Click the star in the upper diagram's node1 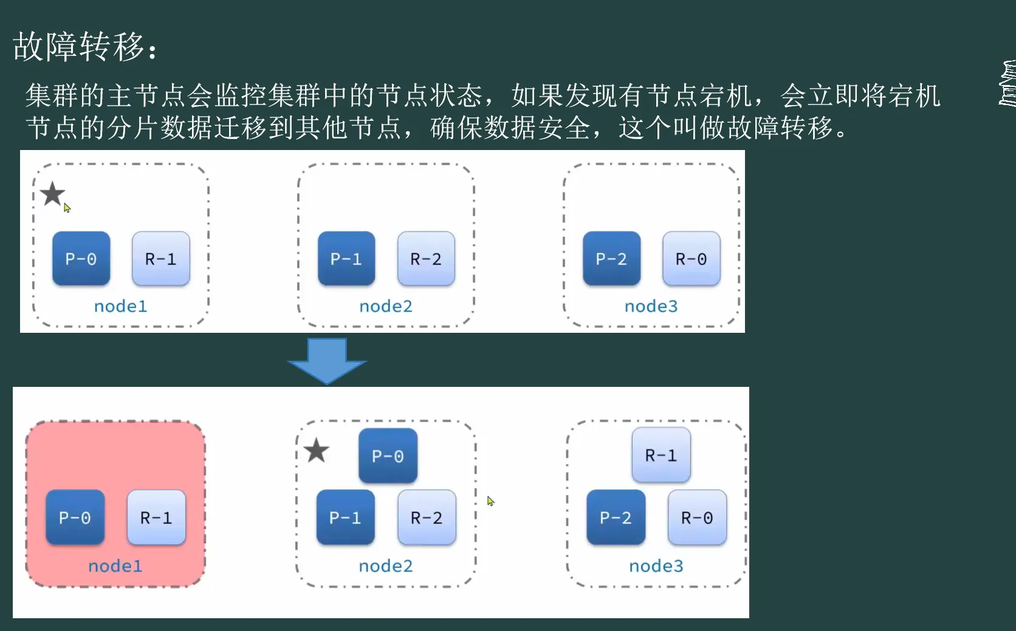[x=53, y=194]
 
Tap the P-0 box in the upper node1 [x=81, y=259]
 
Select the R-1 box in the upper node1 [x=161, y=259]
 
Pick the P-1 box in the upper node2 [x=346, y=259]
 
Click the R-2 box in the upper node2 [x=426, y=259]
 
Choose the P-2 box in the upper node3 [x=611, y=259]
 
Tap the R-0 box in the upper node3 [x=692, y=259]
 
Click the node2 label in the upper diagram [x=386, y=306]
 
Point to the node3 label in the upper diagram [x=651, y=306]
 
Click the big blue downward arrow [x=327, y=360]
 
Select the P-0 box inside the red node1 [x=75, y=517]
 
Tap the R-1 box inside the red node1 [x=156, y=517]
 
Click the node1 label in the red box [x=115, y=566]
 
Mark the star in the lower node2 [x=316, y=451]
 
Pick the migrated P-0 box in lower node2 [x=388, y=455]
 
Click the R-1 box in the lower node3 [x=661, y=455]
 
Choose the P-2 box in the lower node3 [x=616, y=517]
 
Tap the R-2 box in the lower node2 [x=427, y=517]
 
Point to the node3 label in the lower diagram [x=656, y=566]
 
